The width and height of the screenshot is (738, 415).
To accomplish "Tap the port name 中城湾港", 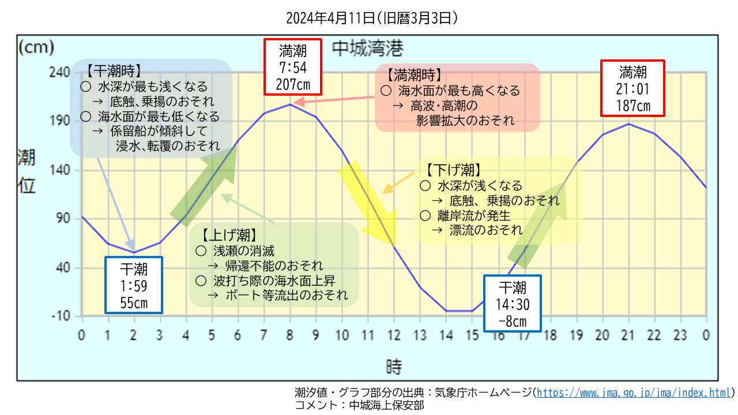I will click(x=367, y=48).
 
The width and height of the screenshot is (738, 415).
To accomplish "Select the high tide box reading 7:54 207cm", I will click(x=293, y=67).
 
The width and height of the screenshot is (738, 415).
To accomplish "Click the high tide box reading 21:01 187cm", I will click(x=633, y=88).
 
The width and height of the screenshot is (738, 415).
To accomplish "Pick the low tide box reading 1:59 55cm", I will click(x=134, y=285).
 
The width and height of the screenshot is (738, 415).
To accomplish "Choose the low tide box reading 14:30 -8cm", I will click(x=513, y=304).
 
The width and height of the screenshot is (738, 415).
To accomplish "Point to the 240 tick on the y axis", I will click(x=61, y=72).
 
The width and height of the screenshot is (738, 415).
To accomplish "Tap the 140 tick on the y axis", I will click(x=61, y=170).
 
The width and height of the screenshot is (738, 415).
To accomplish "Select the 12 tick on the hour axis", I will click(x=394, y=334).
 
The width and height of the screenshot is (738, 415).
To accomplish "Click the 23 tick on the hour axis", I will click(x=680, y=334).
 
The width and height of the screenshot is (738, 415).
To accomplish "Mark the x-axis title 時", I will click(x=394, y=366).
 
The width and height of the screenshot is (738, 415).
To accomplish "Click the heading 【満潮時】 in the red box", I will click(x=415, y=76).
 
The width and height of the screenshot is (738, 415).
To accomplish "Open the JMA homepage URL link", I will click(x=634, y=393).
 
